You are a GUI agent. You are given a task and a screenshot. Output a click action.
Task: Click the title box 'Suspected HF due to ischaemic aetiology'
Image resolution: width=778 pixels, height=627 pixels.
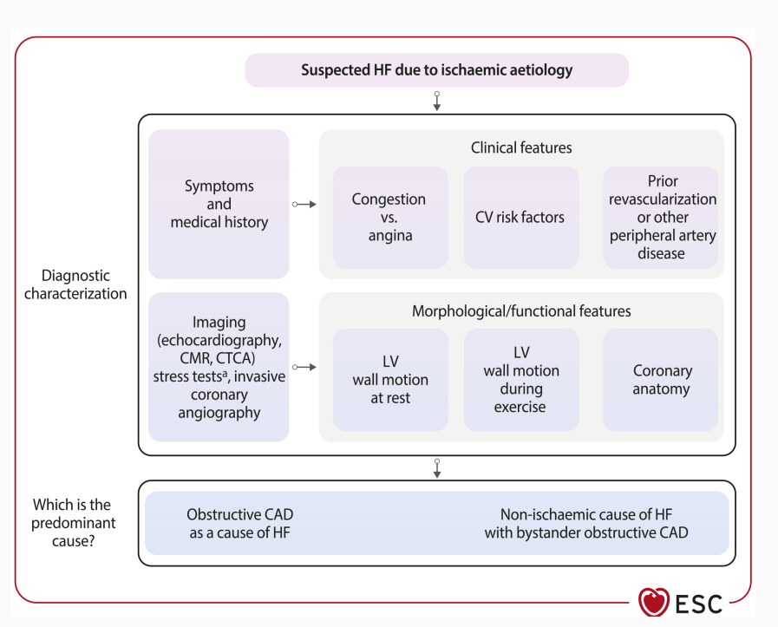436,70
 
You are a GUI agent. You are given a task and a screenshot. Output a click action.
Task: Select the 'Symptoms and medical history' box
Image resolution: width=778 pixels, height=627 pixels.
219,204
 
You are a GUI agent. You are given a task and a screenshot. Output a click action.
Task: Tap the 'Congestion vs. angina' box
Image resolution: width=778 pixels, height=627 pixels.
390,218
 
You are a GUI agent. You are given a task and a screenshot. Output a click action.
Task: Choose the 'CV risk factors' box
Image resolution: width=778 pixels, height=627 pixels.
521,218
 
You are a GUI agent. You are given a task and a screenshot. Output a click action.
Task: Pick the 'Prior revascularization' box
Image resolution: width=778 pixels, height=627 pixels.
661,218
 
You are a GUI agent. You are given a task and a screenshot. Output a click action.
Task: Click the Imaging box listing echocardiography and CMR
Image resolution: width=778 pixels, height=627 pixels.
219,367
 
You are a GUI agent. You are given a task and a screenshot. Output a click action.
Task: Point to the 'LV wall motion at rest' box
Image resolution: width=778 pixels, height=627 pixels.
390,380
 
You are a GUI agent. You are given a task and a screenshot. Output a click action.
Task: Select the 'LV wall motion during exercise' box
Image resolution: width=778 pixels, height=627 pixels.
521,380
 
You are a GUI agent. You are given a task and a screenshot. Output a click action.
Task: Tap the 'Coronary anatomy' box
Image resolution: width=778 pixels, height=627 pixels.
661,380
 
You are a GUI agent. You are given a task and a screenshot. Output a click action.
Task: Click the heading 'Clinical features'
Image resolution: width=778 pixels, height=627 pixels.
521,147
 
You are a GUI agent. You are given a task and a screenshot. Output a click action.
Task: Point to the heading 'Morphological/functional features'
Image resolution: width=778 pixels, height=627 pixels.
521,311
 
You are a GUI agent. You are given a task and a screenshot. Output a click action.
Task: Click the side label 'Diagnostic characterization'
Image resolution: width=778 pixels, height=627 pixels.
75,284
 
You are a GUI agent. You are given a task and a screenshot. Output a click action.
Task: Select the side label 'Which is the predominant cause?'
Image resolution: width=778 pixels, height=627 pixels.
74,522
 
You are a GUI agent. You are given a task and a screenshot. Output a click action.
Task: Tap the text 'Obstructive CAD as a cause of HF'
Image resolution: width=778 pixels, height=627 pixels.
240,523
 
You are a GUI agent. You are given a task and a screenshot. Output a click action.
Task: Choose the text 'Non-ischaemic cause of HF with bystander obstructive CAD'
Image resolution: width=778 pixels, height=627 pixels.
586,523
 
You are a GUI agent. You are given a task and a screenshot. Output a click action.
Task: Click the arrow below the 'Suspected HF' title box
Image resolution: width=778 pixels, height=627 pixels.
437,101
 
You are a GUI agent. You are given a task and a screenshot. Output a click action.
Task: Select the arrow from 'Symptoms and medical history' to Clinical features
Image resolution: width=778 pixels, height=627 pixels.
304,205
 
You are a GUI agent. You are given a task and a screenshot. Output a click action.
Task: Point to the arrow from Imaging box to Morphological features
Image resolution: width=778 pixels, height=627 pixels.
304,367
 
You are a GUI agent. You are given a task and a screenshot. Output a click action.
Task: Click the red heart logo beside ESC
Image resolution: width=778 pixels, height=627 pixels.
654,602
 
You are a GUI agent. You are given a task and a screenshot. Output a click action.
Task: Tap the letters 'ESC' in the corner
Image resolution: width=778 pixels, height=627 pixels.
698,604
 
